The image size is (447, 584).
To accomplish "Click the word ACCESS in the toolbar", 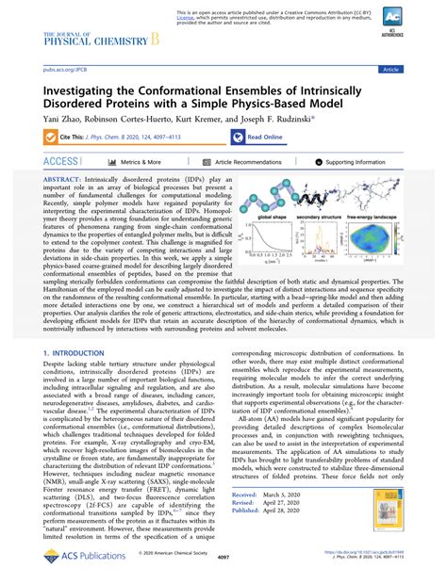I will pos(59,163).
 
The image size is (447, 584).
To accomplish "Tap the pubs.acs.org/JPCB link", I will pos(58,70).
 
